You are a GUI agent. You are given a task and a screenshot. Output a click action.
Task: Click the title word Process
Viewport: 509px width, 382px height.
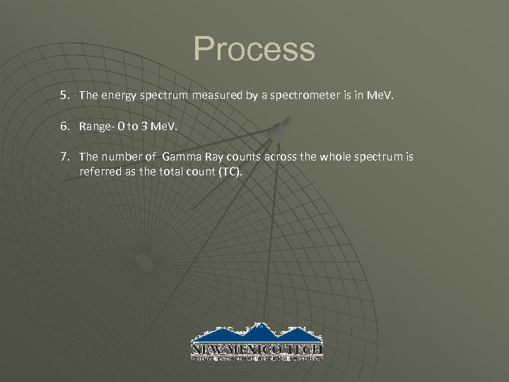click(x=254, y=50)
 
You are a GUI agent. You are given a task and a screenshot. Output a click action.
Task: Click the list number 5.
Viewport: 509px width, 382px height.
click(x=65, y=93)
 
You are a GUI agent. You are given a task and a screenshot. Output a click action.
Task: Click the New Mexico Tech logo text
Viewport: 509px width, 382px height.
click(x=257, y=349)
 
